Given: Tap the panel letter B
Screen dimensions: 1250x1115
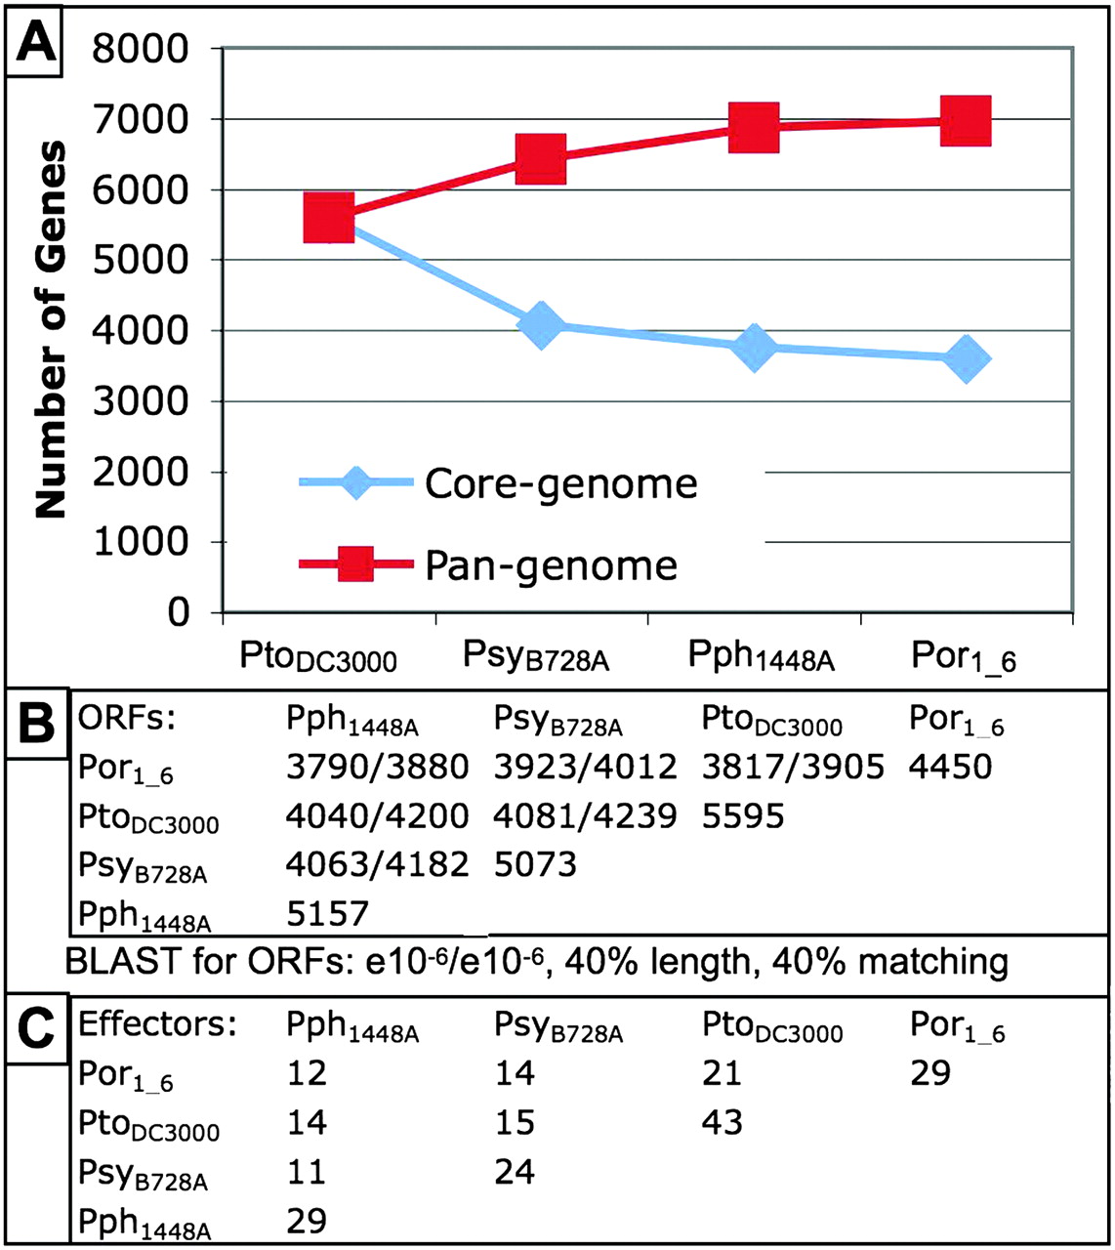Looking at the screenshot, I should pos(36,724).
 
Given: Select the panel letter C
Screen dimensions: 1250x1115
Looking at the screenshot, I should pos(36,1029).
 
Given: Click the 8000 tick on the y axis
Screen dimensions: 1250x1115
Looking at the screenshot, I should pos(141,49).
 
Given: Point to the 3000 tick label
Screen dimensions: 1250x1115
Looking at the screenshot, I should pos(141,401).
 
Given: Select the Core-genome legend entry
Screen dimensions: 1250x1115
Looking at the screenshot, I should pos(560,483).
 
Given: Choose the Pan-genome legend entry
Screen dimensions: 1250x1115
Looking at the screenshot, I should pos(551,565).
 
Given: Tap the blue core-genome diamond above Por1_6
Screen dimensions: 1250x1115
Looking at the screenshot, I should pos(966,358).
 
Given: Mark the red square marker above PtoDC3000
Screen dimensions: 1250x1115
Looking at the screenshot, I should pos(328,217).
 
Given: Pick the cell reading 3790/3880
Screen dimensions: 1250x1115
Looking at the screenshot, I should pos(377,767).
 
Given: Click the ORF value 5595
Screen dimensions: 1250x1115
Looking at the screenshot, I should pos(742,816).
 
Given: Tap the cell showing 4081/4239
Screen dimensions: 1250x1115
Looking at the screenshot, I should pos(585,816).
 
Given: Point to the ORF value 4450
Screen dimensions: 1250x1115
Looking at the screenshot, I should pos(949,767).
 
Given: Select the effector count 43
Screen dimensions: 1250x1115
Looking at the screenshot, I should pos(722,1122).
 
